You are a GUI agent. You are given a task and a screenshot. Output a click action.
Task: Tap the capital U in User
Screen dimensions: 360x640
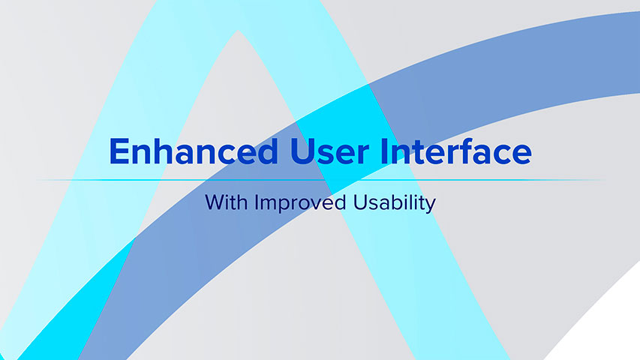click(x=296, y=151)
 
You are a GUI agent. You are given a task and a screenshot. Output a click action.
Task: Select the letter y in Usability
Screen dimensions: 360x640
click(x=430, y=205)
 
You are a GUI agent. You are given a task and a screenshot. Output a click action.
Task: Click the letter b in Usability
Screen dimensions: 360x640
click(x=399, y=202)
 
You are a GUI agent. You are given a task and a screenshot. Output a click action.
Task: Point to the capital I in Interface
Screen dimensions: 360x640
click(x=382, y=151)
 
